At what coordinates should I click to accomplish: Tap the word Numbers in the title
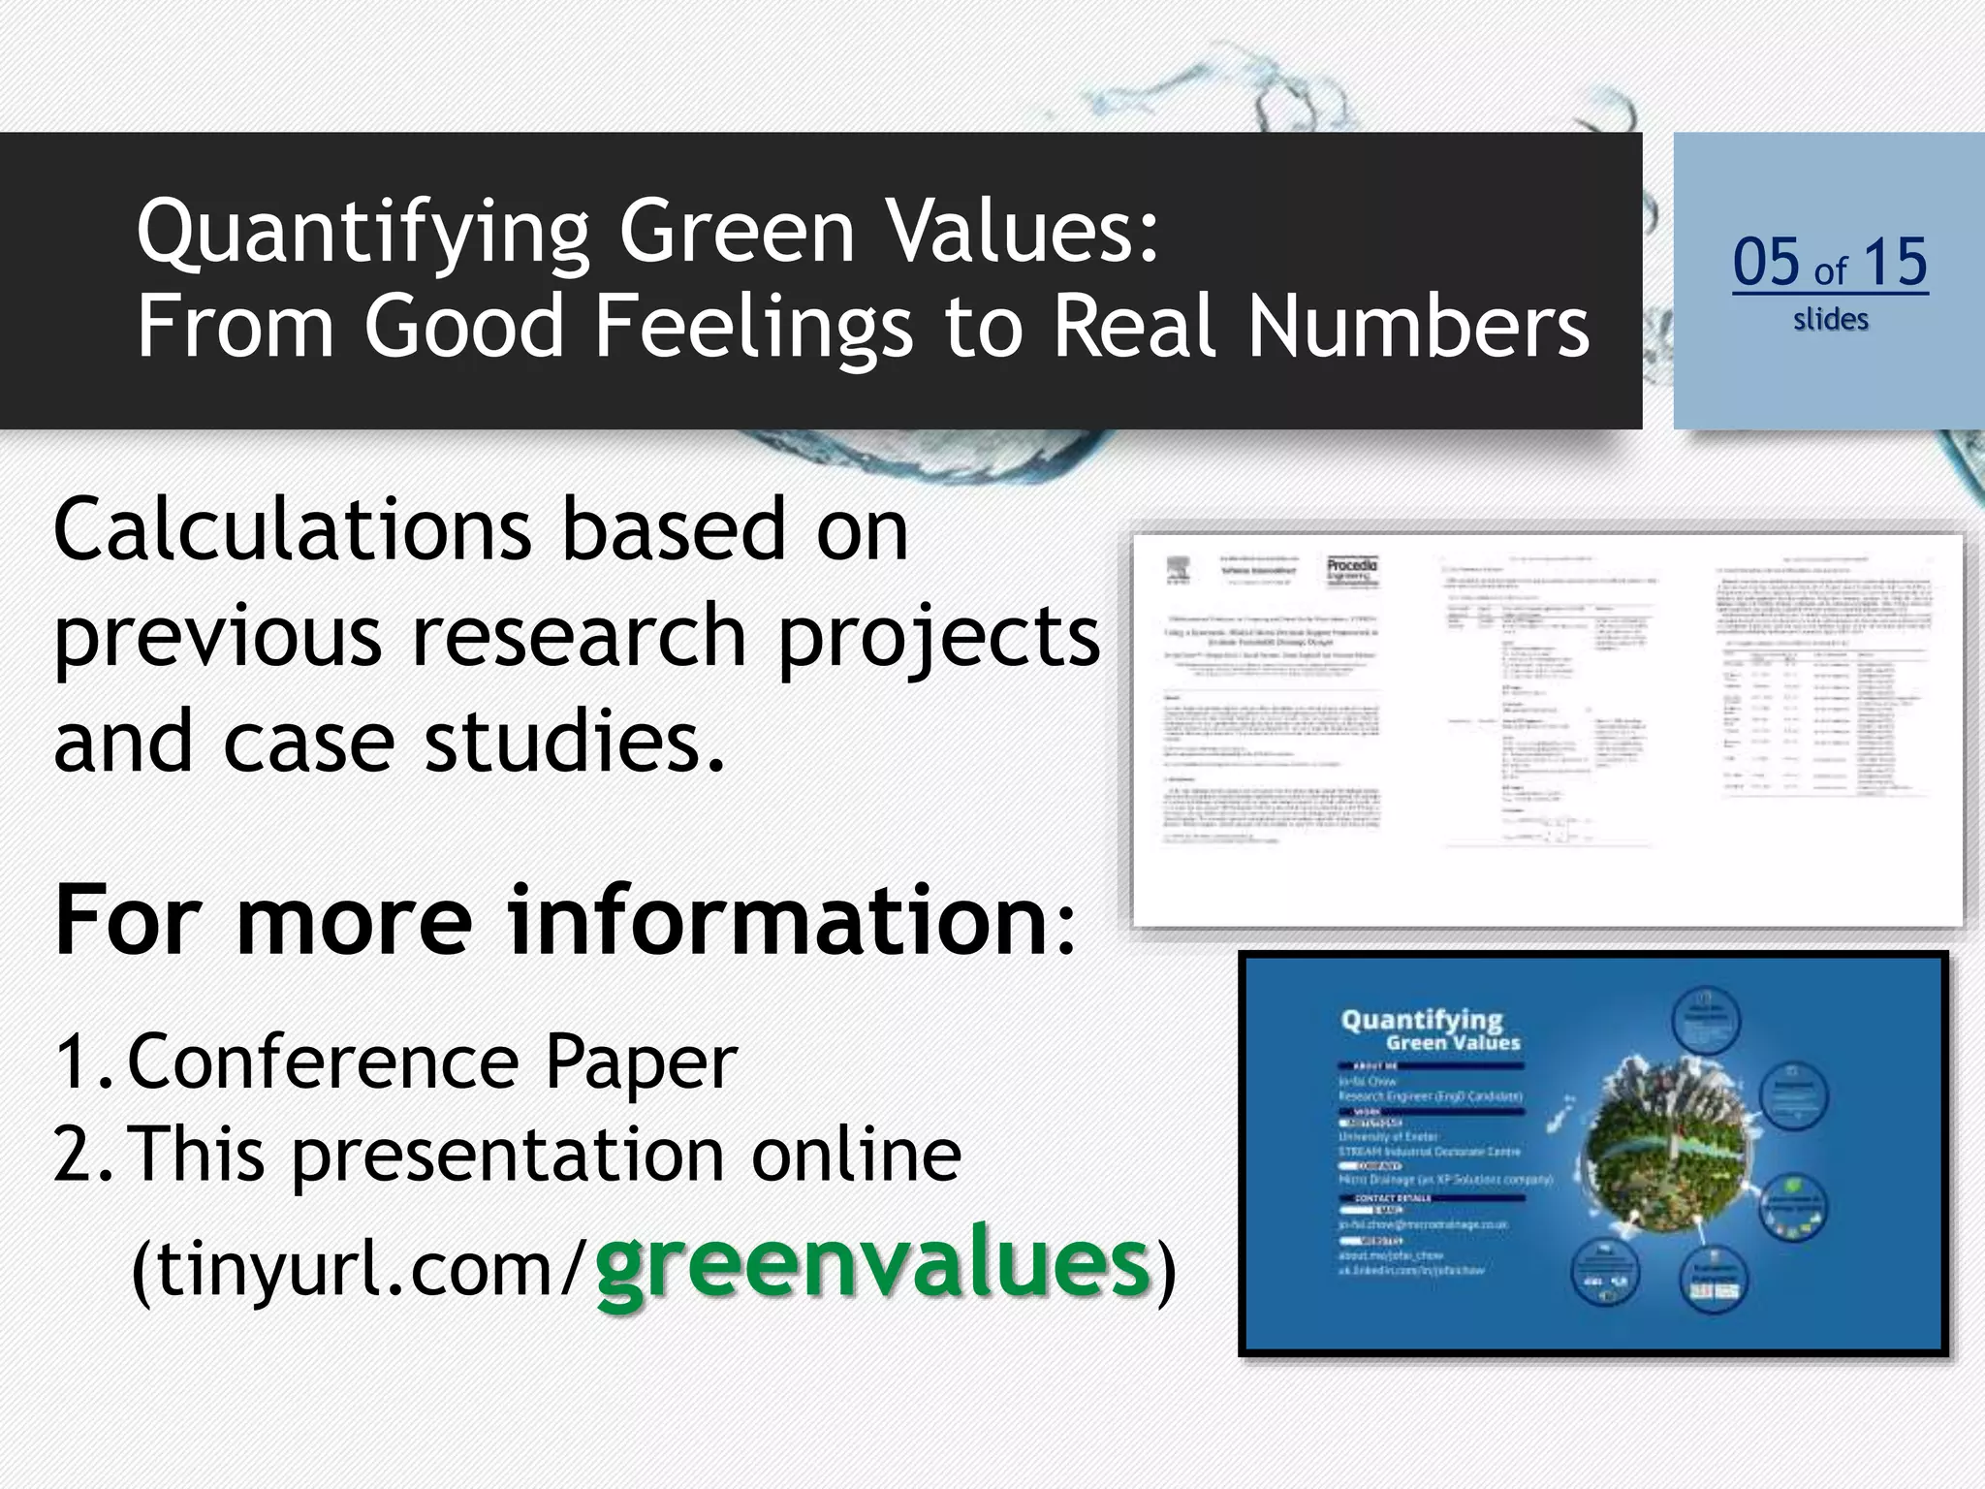point(1418,326)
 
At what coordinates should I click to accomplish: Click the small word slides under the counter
point(1830,320)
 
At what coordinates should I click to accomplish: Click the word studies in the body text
point(575,741)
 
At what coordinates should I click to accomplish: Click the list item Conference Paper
point(432,1062)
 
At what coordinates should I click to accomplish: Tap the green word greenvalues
point(872,1265)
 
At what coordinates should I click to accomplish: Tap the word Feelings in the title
point(753,326)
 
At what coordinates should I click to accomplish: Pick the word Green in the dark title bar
point(737,233)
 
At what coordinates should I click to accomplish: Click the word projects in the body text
point(938,636)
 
